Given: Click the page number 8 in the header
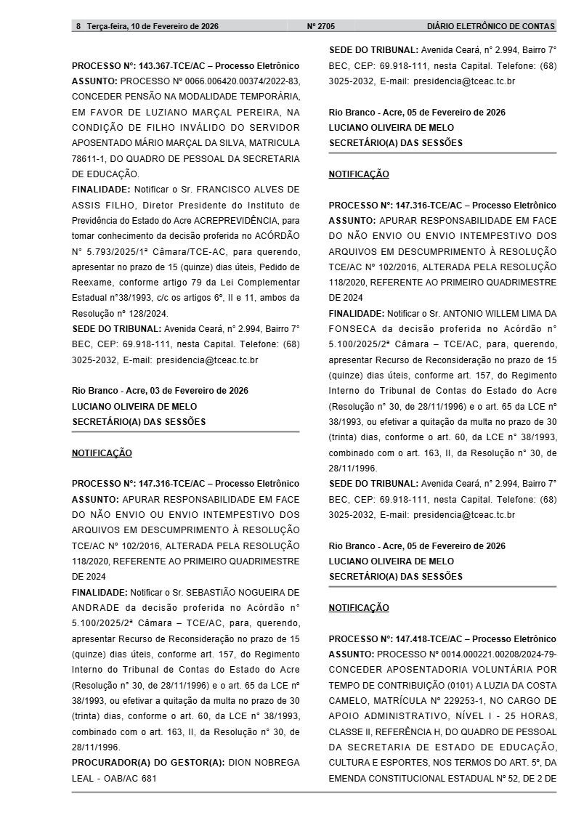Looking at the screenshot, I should pyautogui.click(x=78, y=26).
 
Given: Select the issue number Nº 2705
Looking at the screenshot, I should pyautogui.click(x=321, y=26).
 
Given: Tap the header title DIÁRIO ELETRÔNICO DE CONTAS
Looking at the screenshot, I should pyautogui.click(x=491, y=26).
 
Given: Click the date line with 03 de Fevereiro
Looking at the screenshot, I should pyautogui.click(x=160, y=391).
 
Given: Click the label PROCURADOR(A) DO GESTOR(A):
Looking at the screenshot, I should pyautogui.click(x=148, y=762).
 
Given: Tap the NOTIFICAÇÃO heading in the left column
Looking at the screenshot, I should pyautogui.click(x=102, y=453).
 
